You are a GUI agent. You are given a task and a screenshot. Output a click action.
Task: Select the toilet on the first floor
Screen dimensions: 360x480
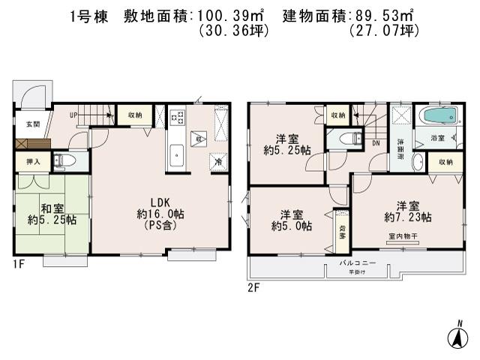[64, 161]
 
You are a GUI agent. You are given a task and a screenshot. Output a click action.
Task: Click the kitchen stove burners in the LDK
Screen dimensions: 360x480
[178, 118]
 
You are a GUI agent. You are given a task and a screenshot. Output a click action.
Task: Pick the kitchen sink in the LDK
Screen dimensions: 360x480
[178, 155]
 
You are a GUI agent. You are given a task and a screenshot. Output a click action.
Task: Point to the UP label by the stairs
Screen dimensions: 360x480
[73, 115]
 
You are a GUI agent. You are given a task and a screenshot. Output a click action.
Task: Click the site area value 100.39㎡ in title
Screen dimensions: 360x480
[237, 13]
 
